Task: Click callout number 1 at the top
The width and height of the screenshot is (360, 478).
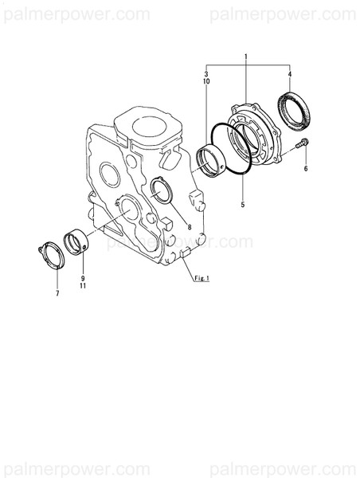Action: [246, 57]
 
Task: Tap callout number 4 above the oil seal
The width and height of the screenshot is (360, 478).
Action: [289, 74]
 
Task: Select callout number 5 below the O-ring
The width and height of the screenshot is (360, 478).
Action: [242, 205]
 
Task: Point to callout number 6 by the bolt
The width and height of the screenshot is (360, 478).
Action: [305, 169]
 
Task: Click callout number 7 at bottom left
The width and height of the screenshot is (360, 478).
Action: [57, 294]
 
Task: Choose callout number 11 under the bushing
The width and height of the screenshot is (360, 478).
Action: [82, 287]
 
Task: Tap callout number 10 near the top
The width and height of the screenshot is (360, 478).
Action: [205, 82]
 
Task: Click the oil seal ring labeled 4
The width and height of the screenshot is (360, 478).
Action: [294, 111]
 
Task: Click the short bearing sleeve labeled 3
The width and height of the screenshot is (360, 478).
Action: [211, 162]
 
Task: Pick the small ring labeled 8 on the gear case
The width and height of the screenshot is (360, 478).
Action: [161, 190]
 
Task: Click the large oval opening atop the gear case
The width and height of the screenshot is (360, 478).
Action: [149, 125]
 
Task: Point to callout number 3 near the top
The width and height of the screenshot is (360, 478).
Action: [205, 74]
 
